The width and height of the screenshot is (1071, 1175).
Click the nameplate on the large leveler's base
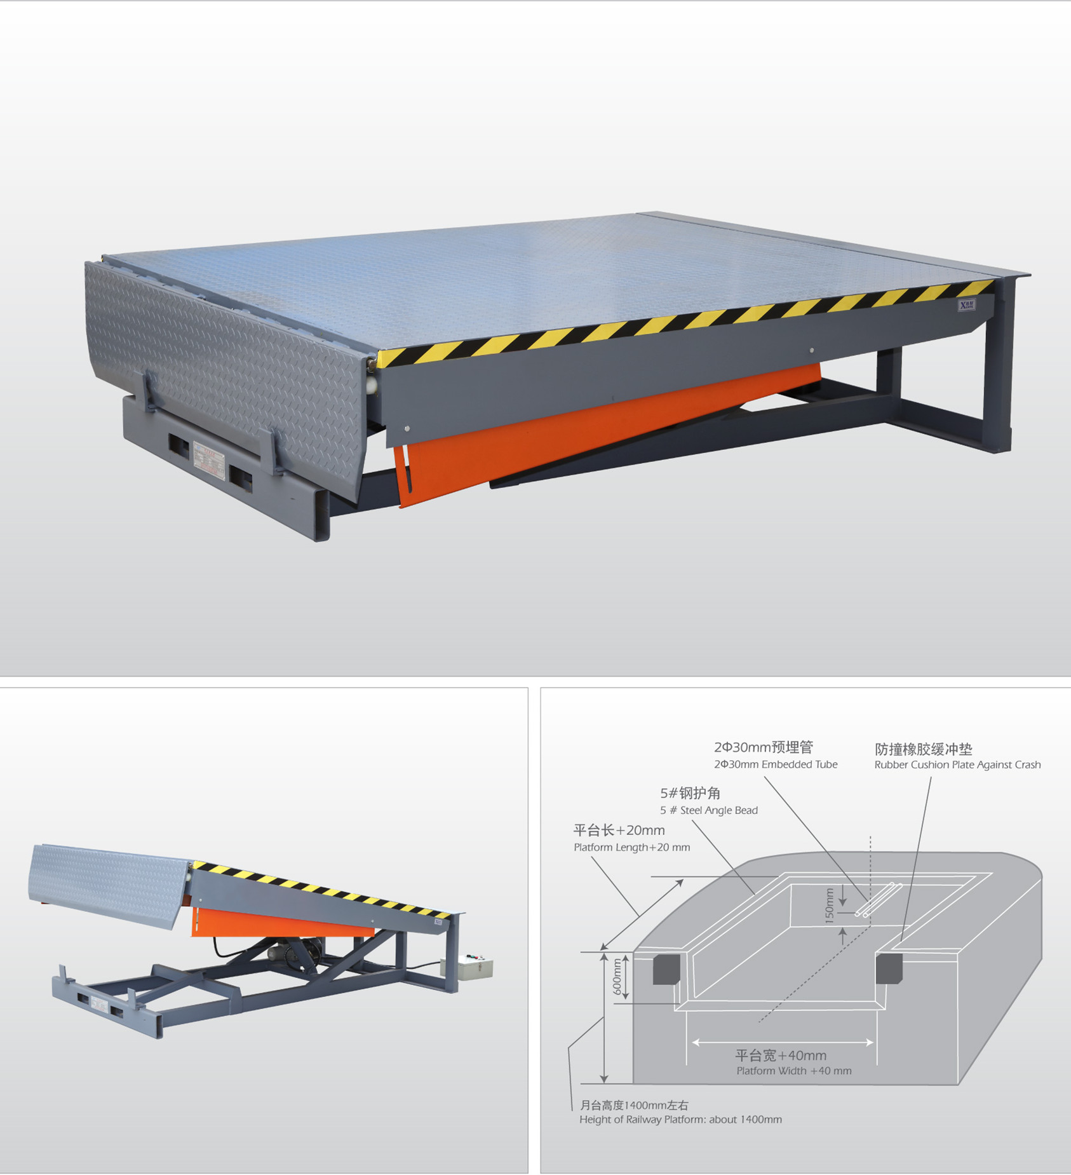pos(210,460)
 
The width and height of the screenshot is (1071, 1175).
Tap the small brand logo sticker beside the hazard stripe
pos(967,306)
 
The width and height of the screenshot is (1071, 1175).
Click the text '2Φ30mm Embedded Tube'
pos(776,764)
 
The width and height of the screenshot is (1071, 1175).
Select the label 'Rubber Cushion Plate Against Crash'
pos(957,765)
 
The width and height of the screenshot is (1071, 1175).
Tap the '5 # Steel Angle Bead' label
pos(709,810)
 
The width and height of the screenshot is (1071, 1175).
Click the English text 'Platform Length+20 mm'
pos(631,847)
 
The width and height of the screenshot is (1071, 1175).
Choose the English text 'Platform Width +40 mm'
pos(794,1071)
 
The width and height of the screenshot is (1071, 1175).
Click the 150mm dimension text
pos(829,905)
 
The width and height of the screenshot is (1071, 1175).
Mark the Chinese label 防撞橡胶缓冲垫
pos(924,749)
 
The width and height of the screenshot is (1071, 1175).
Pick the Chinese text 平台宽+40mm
pos(781,1056)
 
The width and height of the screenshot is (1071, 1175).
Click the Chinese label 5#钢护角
pos(690,793)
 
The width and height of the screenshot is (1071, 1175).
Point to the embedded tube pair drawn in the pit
pos(879,899)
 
